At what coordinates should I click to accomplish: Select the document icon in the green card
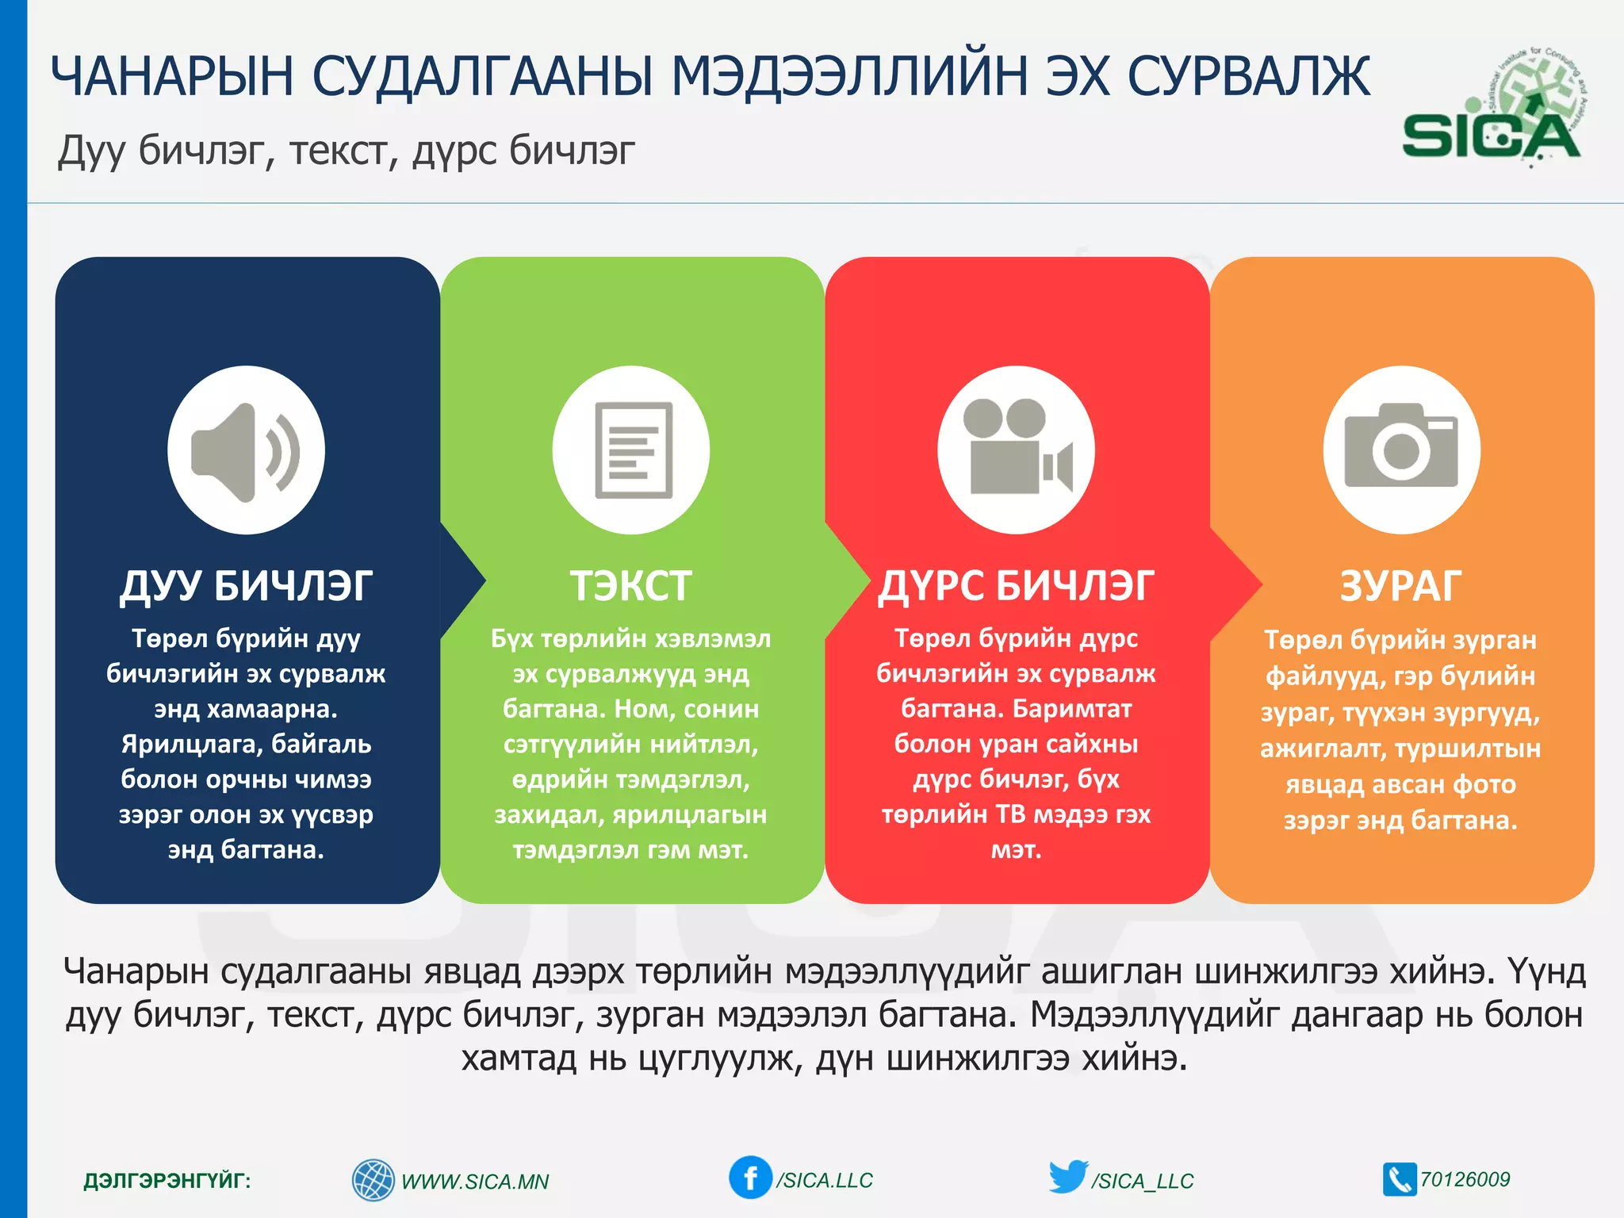pyautogui.click(x=632, y=450)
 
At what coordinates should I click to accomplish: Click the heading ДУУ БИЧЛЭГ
pyautogui.click(x=246, y=587)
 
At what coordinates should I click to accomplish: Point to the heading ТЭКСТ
pyautogui.click(x=631, y=587)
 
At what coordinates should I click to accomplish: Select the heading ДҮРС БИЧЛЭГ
pyautogui.click(x=1016, y=587)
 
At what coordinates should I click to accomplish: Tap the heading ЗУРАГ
pyautogui.click(x=1400, y=587)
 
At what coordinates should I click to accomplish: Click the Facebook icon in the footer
pyautogui.click(x=749, y=1178)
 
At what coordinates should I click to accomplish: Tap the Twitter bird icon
pyautogui.click(x=1067, y=1177)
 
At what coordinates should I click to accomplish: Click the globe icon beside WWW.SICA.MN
pyautogui.click(x=373, y=1180)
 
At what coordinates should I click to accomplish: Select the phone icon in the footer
pyautogui.click(x=1399, y=1179)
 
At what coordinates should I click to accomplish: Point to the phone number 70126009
pyautogui.click(x=1465, y=1179)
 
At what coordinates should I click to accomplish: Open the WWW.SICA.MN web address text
pyautogui.click(x=475, y=1182)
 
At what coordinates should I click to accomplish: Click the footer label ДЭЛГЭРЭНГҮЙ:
pyautogui.click(x=167, y=1181)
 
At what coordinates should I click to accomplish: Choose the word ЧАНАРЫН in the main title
pyautogui.click(x=172, y=77)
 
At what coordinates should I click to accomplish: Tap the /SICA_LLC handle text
pyautogui.click(x=1142, y=1182)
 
